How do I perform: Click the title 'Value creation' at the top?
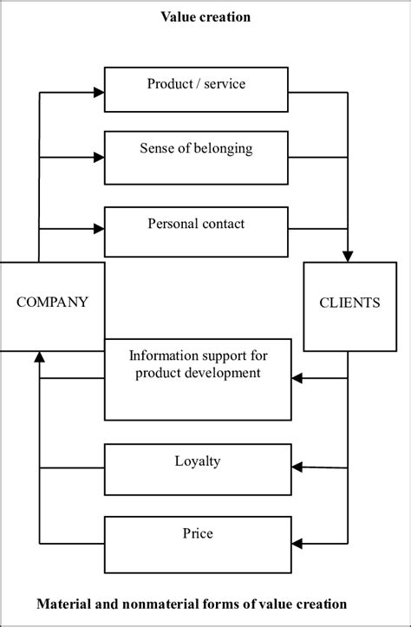[x=205, y=16]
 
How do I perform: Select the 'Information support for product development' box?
[x=198, y=378]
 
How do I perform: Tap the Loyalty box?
[x=198, y=469]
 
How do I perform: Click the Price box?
[x=198, y=542]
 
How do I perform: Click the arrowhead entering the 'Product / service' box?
[x=99, y=90]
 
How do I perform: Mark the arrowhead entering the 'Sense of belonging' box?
[x=99, y=157]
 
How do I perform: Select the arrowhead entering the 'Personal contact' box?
[x=99, y=229]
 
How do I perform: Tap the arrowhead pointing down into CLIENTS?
[x=349, y=257]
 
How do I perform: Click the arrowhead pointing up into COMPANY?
[x=39, y=356]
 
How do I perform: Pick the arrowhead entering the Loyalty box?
[x=297, y=467]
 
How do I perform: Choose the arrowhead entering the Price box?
[x=297, y=543]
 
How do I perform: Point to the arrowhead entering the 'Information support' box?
[x=297, y=378]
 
